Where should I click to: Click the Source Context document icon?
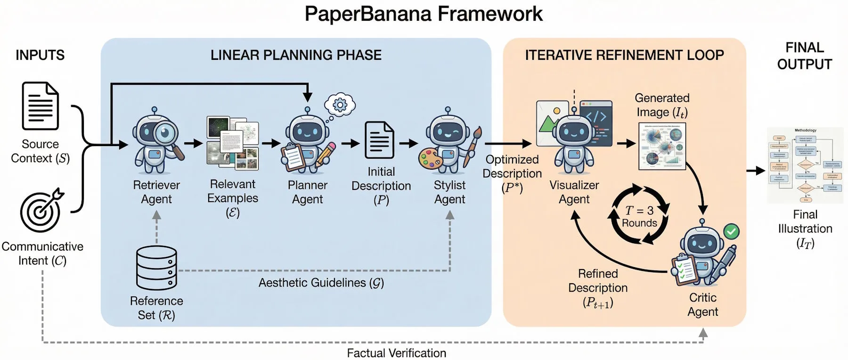pyautogui.click(x=41, y=106)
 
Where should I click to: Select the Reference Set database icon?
pyautogui.click(x=156, y=268)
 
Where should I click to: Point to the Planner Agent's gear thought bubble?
pyautogui.click(x=340, y=105)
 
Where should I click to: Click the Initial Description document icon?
pyautogui.click(x=379, y=140)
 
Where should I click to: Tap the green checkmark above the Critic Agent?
pyautogui.click(x=731, y=231)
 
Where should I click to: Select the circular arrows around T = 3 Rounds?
pyautogui.click(x=639, y=215)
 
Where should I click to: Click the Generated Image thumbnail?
pyautogui.click(x=661, y=146)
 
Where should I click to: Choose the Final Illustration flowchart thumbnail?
pyautogui.click(x=805, y=165)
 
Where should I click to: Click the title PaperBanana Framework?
pyautogui.click(x=423, y=14)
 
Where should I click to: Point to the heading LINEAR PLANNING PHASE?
pyautogui.click(x=296, y=55)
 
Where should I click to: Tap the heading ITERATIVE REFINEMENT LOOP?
pyautogui.click(x=624, y=55)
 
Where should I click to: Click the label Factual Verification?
pyautogui.click(x=396, y=353)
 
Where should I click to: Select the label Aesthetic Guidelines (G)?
pyautogui.click(x=321, y=283)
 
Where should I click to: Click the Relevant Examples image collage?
pyautogui.click(x=233, y=143)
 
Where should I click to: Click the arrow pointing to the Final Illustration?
pyautogui.click(x=756, y=171)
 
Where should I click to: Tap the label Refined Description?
pyautogui.click(x=597, y=281)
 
